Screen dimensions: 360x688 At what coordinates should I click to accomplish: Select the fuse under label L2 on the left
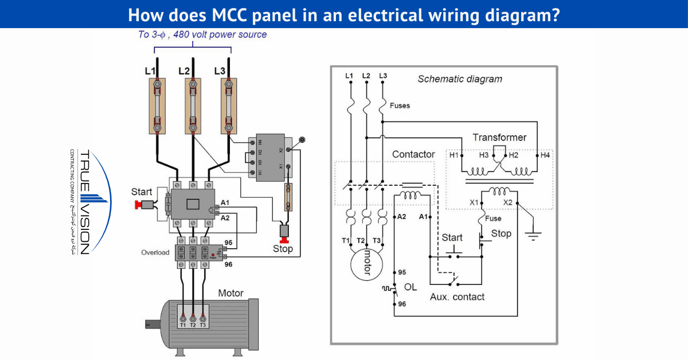pos(193,106)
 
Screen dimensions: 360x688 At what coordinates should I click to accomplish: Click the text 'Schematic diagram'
pos(459,79)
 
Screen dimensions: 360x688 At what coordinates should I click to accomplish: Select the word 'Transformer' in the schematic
pos(499,138)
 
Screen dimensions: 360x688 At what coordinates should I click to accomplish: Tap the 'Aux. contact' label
pos(457,297)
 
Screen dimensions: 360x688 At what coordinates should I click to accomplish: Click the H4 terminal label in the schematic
pos(544,155)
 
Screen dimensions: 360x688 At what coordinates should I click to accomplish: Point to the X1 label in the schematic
pos(474,202)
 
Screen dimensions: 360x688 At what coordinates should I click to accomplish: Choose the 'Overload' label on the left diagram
pos(155,252)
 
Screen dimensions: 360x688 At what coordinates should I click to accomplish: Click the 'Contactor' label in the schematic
pos(413,155)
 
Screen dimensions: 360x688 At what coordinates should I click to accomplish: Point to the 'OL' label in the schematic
pos(411,287)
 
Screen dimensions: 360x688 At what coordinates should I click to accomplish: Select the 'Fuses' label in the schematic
pos(400,105)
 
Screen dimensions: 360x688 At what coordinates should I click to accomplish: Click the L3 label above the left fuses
pos(220,71)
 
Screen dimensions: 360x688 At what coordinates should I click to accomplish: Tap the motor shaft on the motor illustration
pos(152,324)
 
